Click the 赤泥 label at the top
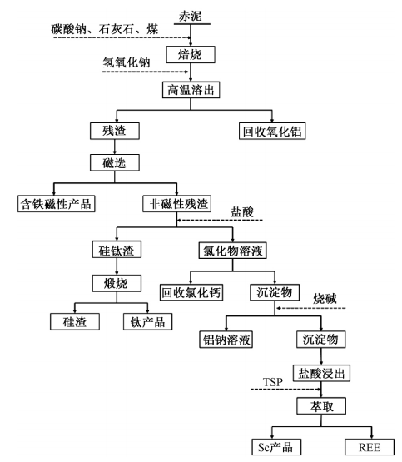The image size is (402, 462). (191, 16)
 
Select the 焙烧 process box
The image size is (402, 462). (191, 54)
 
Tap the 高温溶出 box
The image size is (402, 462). (191, 90)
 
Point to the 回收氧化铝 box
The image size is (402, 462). (272, 132)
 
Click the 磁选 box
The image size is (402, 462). (115, 162)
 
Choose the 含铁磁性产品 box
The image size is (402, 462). (57, 204)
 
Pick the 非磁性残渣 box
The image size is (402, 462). (177, 204)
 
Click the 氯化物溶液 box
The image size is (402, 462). (233, 251)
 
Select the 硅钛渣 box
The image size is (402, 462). (117, 250)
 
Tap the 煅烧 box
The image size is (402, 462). (117, 284)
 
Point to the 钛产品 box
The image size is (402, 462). (147, 321)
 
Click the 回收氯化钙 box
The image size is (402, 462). (191, 292)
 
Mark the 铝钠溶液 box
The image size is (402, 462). (226, 340)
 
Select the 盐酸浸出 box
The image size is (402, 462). (321, 373)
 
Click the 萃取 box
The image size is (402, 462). (321, 406)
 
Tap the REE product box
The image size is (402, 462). (370, 447)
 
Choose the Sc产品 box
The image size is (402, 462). (276, 447)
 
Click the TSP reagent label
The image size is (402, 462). (273, 382)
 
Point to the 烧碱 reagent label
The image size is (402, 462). (325, 299)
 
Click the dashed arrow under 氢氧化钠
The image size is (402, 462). (145, 72)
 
